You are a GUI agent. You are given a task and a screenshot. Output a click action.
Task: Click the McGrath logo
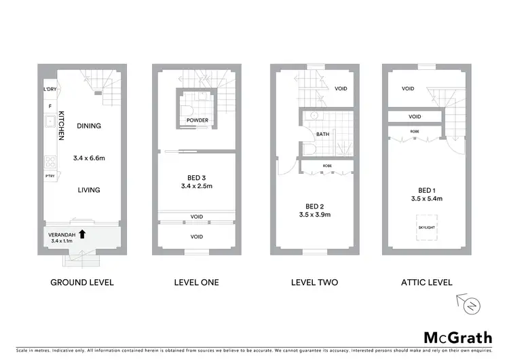458,338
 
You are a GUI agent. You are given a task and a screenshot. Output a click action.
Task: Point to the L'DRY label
50,90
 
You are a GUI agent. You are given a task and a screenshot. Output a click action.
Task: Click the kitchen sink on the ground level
50,123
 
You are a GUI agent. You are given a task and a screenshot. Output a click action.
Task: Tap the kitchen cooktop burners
50,162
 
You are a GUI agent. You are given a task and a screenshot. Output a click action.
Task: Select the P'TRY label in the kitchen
50,177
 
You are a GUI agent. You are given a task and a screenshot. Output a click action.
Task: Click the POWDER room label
197,120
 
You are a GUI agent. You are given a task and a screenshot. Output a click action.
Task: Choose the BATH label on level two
322,134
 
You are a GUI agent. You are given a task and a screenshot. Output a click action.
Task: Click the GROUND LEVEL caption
82,283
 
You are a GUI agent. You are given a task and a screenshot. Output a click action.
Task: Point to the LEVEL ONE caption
197,283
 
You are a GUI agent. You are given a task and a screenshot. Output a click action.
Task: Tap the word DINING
89,126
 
